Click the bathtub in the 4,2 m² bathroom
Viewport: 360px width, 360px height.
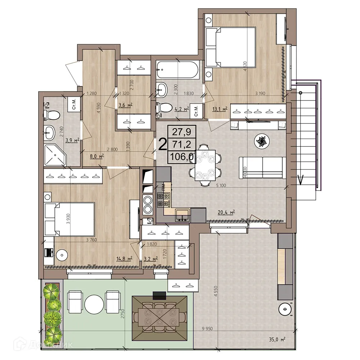pos(177,71)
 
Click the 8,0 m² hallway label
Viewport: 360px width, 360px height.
pos(96,156)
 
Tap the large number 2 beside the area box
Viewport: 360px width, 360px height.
pos(163,144)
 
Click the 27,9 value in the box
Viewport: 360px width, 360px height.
pos(181,131)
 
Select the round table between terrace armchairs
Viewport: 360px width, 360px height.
pos(94,305)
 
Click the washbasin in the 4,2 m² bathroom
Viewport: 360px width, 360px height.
pos(162,89)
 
